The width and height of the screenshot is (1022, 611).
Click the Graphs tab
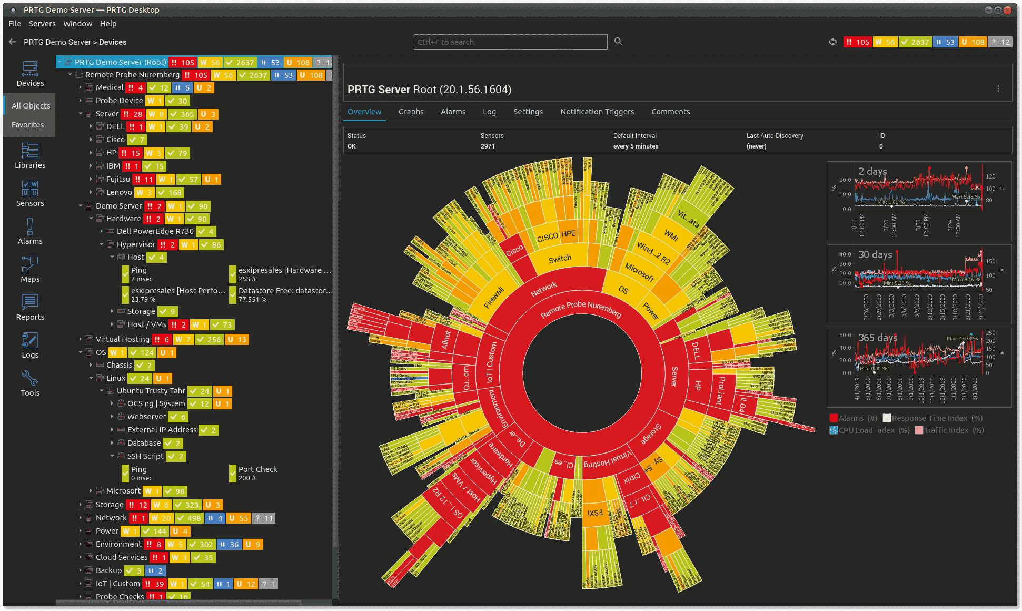coord(411,112)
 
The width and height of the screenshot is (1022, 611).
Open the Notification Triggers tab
coord(597,112)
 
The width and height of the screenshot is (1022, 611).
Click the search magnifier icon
coord(618,42)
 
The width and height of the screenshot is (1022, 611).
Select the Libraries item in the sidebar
coord(30,156)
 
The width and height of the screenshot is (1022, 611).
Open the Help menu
coord(108,24)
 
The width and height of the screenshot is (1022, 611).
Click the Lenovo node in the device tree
coord(119,192)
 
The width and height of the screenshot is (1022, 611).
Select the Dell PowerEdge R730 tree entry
coord(155,231)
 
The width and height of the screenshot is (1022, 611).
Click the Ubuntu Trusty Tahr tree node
coord(151,391)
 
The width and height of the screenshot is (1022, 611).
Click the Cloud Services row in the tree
coord(122,557)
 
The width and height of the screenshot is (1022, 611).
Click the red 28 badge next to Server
coord(133,114)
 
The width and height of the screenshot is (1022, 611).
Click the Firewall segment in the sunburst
coord(494,298)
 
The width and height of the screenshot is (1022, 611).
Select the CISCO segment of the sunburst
coord(548,238)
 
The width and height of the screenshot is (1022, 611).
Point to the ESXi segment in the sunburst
coord(594,513)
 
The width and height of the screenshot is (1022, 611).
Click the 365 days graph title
coord(878,338)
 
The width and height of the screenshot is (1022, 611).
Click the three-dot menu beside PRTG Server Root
coord(998,89)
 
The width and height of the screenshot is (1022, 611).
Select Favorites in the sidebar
coord(28,125)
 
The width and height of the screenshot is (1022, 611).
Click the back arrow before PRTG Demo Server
coord(12,42)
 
